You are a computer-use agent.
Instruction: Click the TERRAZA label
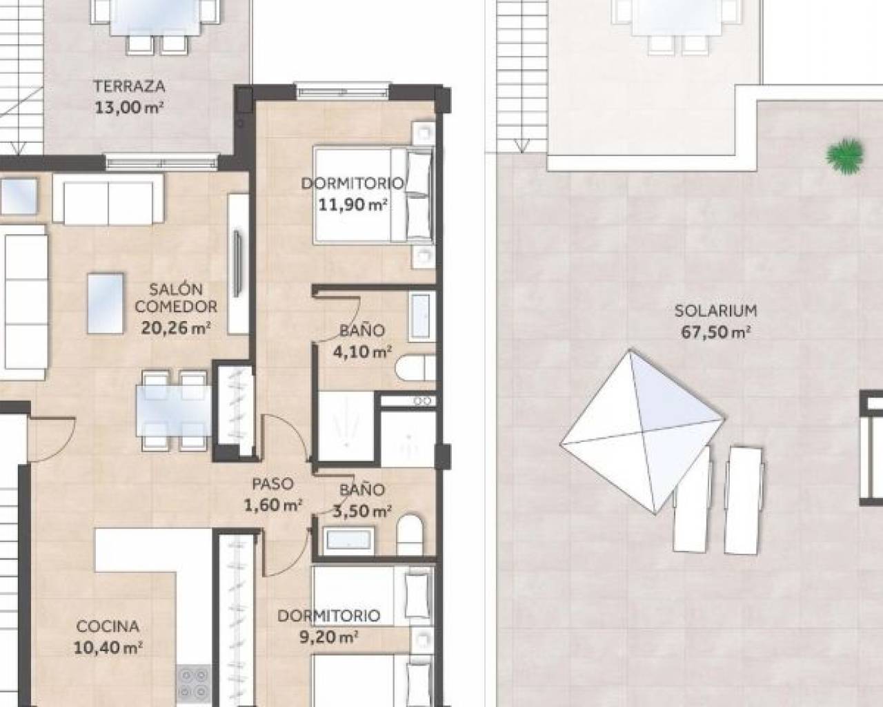coord(129,86)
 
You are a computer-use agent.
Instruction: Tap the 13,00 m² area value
coord(129,108)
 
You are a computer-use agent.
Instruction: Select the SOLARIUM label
coord(715,311)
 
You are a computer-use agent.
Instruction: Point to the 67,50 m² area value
coord(715,332)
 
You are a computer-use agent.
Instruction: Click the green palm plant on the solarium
coord(844,156)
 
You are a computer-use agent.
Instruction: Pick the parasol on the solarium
coord(642,432)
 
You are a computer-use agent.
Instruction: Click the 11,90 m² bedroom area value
coord(353,204)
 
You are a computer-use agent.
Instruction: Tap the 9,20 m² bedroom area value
coord(328,637)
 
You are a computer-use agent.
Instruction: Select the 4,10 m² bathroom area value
coord(362,351)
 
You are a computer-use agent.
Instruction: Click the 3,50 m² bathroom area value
coord(362,512)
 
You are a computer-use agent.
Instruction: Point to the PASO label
coord(273,484)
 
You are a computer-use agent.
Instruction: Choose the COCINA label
coord(108,626)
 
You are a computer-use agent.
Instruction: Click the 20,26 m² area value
coord(176,328)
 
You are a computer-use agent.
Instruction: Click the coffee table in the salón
coord(106,303)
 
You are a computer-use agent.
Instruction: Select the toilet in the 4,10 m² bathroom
coord(415,368)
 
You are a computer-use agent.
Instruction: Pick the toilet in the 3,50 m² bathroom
coord(410,535)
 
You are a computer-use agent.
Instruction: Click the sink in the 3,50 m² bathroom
coord(349,540)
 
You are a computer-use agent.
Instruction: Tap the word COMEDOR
coord(176,307)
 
